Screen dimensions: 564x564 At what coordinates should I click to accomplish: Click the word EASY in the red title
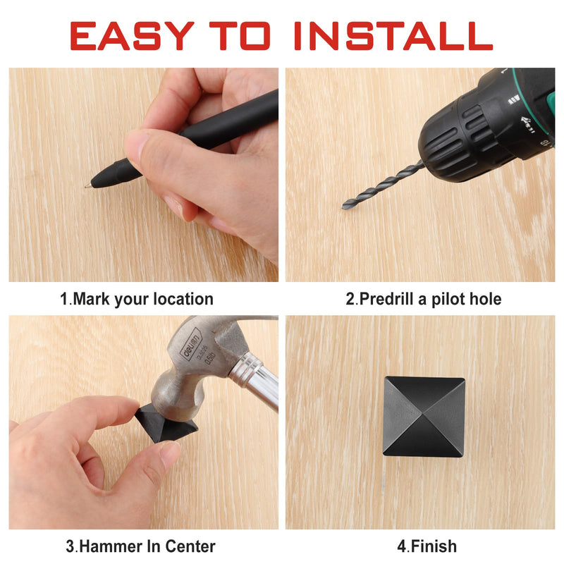(x=132, y=36)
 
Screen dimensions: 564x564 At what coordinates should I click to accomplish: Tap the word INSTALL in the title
(x=393, y=36)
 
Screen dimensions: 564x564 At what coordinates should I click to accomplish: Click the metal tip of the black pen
(x=87, y=185)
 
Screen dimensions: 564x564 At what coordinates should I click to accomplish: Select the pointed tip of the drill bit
(x=344, y=206)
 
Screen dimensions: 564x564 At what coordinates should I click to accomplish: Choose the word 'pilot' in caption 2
(x=446, y=299)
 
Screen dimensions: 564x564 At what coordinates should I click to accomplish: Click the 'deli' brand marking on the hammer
(x=190, y=344)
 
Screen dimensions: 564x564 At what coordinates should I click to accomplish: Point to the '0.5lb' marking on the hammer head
(x=209, y=359)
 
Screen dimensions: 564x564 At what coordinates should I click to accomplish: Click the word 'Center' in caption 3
(x=190, y=546)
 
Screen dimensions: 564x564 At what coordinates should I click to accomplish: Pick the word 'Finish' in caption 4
(x=434, y=546)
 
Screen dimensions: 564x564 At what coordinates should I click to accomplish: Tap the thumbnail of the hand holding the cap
(x=169, y=453)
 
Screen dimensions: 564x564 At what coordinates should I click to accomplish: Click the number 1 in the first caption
(x=64, y=299)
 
